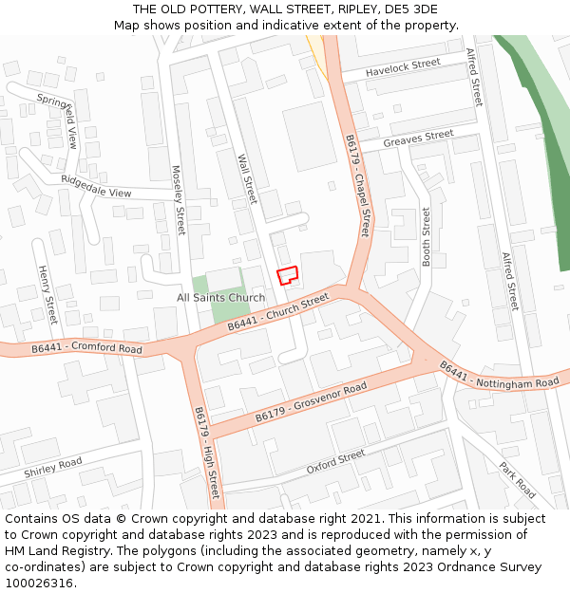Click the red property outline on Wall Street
pos(287,274)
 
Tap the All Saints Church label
pos(221,298)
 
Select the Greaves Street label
pos(418,139)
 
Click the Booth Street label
pos(427,236)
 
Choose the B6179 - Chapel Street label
pos(357,185)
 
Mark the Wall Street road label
pos(247,179)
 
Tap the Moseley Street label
pos(179,200)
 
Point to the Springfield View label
pos(58,120)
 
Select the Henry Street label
pos(47,295)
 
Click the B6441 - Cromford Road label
pos(86,349)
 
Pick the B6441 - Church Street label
pos(277,313)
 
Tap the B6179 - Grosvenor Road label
pos(311,403)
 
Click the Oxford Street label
pos(335,463)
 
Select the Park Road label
pos(518,480)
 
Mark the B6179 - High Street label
pos(207,454)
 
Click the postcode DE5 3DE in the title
pos(411,9)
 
